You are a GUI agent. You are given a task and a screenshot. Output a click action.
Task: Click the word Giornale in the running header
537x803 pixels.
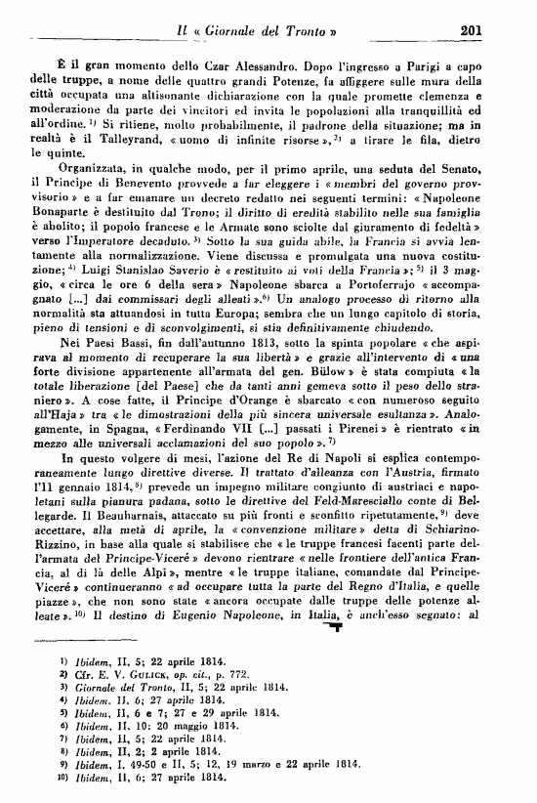[221, 29]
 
